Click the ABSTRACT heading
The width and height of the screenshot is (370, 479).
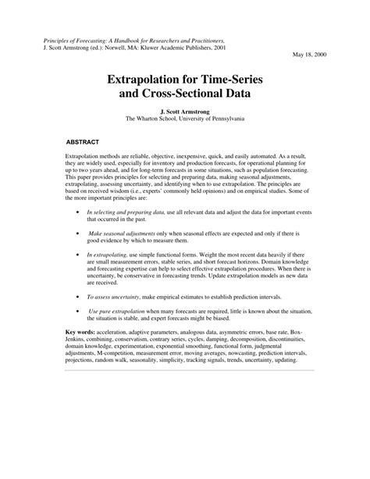82,144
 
